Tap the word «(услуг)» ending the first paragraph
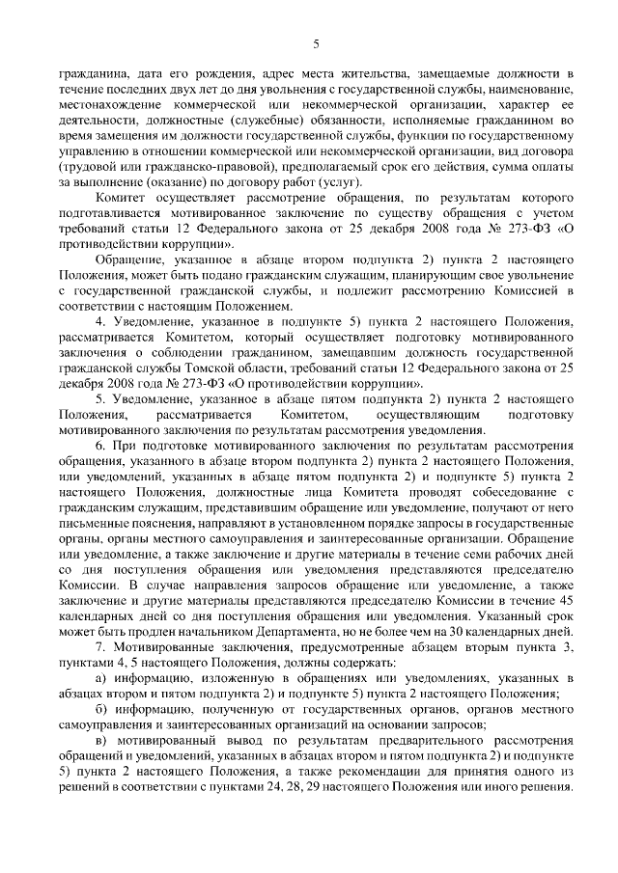(337, 182)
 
